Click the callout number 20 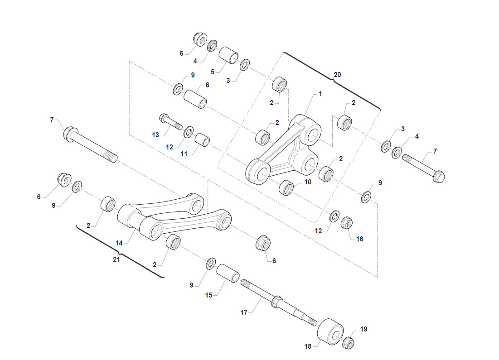[x=337, y=75]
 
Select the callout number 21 [x=116, y=259]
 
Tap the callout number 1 [x=320, y=94]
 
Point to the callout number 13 [x=155, y=135]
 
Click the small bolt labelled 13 [x=170, y=122]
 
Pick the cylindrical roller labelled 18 [x=330, y=332]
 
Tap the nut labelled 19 [x=349, y=342]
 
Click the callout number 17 [x=244, y=312]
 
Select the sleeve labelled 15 [x=228, y=273]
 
